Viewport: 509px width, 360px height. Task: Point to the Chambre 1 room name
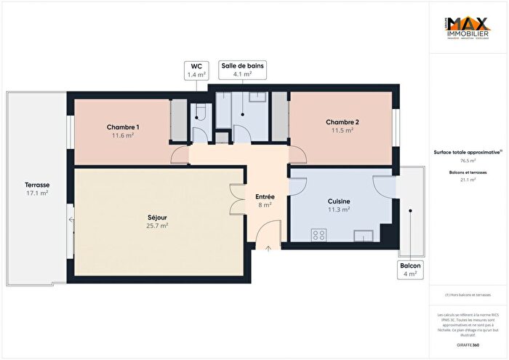[122, 127]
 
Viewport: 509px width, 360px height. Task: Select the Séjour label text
[156, 217]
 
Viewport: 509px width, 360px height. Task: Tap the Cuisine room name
[339, 201]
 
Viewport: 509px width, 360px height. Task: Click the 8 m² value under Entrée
[265, 205]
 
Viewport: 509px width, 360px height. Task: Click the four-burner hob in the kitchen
[318, 234]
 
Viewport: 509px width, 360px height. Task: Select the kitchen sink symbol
[364, 235]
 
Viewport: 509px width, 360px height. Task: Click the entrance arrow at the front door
[268, 249]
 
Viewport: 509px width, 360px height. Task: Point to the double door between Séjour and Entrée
[237, 199]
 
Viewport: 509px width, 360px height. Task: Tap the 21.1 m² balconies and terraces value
[468, 179]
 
